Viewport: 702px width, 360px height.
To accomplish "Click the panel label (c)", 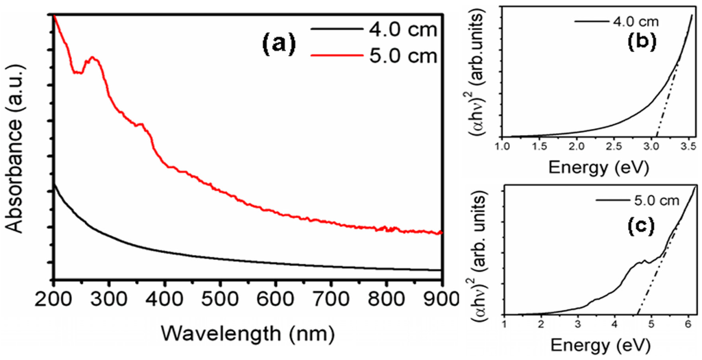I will (x=641, y=226).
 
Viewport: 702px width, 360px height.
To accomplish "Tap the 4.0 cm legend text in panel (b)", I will (x=634, y=21).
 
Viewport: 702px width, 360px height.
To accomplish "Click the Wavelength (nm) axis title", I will (x=247, y=333).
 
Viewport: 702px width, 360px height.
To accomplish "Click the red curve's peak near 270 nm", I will (x=93, y=59).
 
